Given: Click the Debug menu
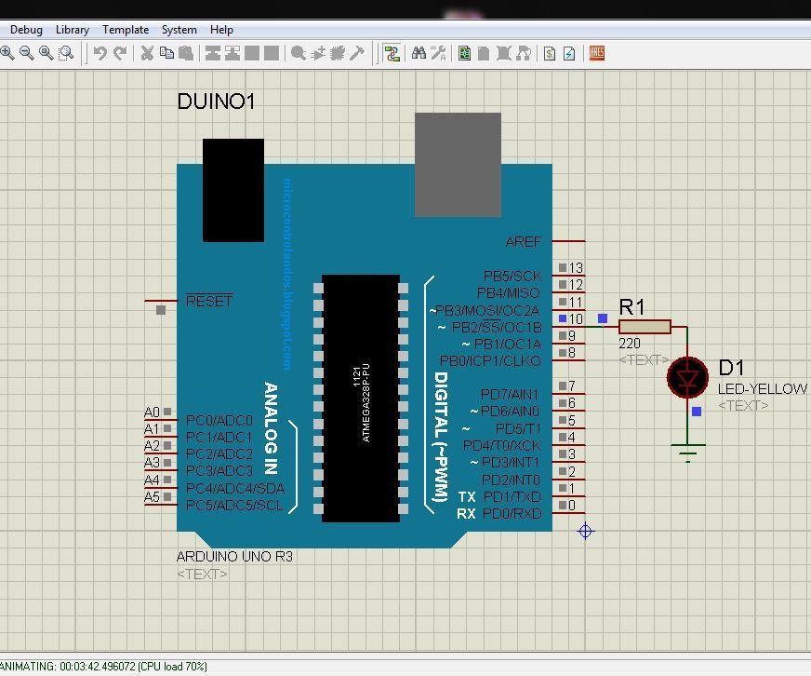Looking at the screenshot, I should tap(26, 30).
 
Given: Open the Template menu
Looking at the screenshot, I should tap(126, 30).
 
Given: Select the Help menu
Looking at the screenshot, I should tap(221, 30).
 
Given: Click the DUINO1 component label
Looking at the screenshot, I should tap(216, 101).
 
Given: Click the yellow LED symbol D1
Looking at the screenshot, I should tap(687, 377).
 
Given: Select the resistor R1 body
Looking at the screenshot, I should tap(645, 326).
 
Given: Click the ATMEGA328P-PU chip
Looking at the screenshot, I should tap(361, 398).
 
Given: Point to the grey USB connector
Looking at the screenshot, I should tap(458, 165).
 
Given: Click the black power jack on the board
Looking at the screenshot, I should tap(233, 190).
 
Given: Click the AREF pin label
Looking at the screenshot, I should tap(523, 241).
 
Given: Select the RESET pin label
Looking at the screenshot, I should tap(209, 301).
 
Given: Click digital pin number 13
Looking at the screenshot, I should tap(576, 268).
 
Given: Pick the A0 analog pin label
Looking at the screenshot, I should tap(152, 412).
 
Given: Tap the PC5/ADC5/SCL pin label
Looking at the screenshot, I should tap(234, 506).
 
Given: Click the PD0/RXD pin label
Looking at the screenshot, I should tap(512, 514).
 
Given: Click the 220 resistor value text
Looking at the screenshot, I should tap(630, 344).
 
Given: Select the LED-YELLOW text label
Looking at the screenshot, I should tap(762, 389).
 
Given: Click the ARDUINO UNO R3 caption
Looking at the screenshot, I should tap(234, 557).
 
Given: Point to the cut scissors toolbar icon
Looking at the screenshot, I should tap(147, 53).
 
